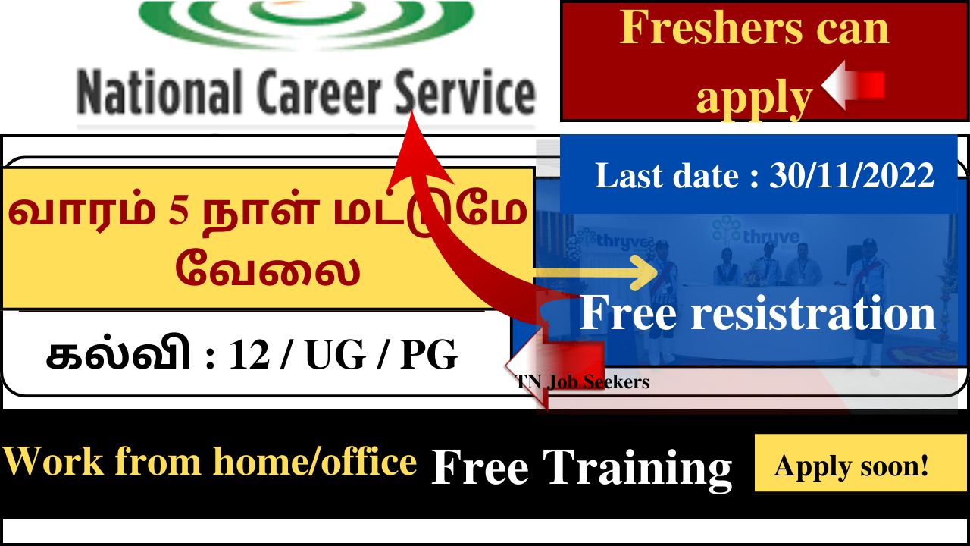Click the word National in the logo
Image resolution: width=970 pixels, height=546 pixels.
(x=159, y=92)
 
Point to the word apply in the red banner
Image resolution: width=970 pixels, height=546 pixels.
(x=753, y=98)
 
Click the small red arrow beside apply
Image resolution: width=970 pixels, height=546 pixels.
(x=853, y=86)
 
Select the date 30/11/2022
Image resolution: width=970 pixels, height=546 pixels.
(x=851, y=175)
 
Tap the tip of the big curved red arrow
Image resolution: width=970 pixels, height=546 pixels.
(x=411, y=111)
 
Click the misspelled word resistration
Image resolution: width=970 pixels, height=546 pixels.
(x=813, y=312)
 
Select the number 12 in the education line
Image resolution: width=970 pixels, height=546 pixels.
(x=249, y=355)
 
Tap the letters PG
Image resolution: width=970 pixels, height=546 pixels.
(x=429, y=355)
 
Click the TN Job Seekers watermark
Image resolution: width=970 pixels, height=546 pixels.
(x=581, y=381)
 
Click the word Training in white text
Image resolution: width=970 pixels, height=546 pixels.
(x=637, y=468)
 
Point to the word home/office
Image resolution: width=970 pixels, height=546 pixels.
(x=314, y=462)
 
